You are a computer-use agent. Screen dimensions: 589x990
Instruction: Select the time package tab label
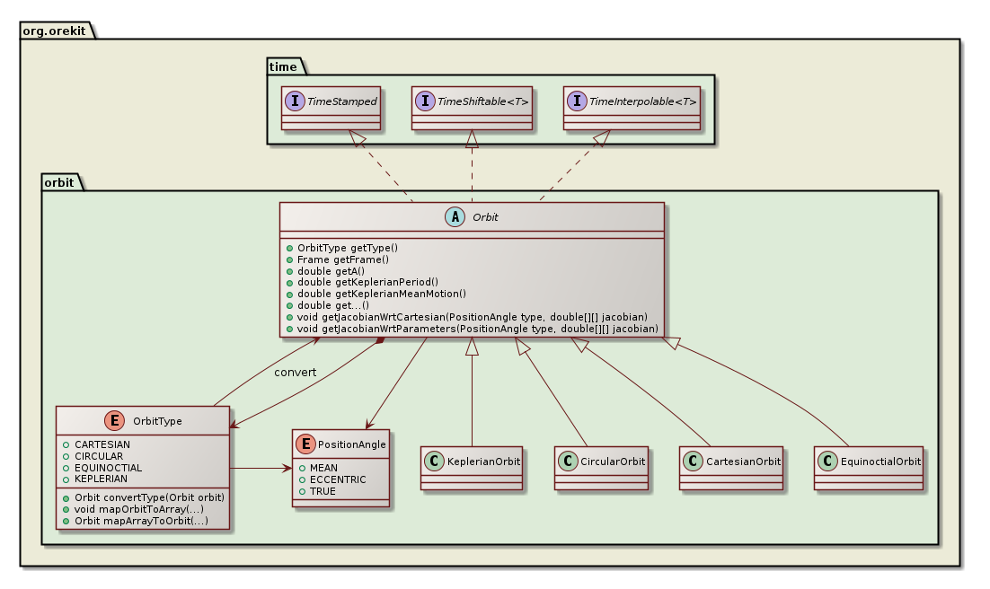(283, 66)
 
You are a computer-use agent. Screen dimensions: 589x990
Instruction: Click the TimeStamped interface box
(330, 109)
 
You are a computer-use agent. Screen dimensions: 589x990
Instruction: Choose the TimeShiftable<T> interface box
(472, 109)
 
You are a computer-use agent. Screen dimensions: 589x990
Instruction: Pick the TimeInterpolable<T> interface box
(632, 109)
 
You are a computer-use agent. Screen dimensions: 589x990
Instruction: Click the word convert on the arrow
(295, 372)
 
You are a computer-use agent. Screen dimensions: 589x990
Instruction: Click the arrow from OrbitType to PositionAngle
(261, 468)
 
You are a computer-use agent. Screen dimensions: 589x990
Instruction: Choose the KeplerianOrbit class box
(472, 467)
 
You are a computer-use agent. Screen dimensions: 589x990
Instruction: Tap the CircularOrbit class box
(600, 467)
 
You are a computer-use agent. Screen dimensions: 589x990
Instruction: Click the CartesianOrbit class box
(730, 467)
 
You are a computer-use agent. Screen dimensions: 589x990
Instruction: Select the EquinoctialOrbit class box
(869, 467)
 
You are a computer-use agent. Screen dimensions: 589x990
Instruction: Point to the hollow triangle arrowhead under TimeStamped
(358, 139)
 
